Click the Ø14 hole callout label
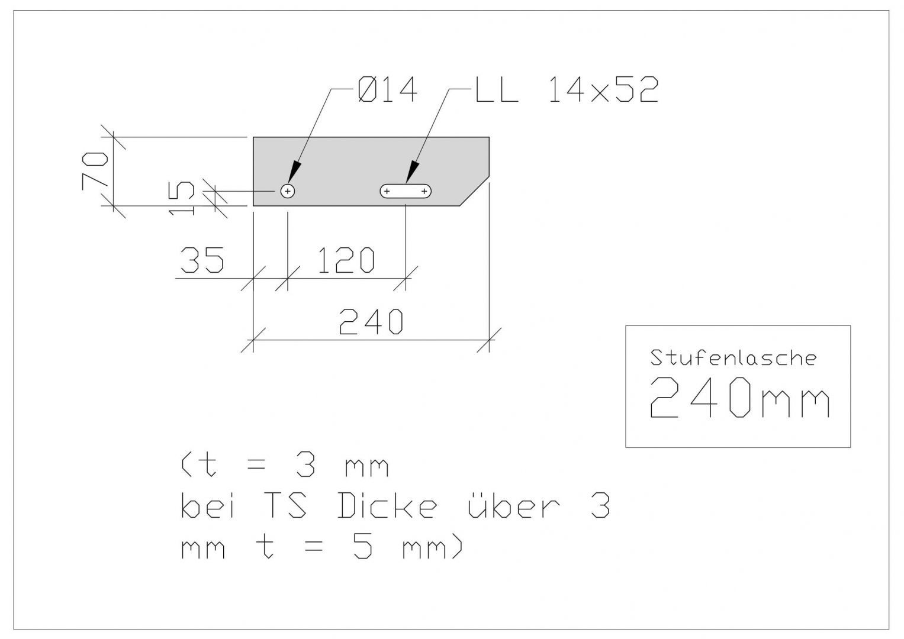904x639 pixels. tap(387, 89)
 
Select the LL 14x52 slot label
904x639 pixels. tap(566, 89)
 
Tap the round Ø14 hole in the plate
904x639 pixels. tap(287, 191)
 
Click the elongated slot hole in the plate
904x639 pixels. tap(405, 191)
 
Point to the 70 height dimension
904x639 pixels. tap(95, 171)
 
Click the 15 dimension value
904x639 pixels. tap(181, 198)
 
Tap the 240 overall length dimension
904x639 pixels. tap(371, 321)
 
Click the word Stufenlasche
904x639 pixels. tap(734, 358)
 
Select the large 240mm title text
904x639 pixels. tap(739, 397)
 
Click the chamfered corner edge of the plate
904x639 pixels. tap(474, 191)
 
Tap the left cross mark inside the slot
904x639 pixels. tap(387, 191)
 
